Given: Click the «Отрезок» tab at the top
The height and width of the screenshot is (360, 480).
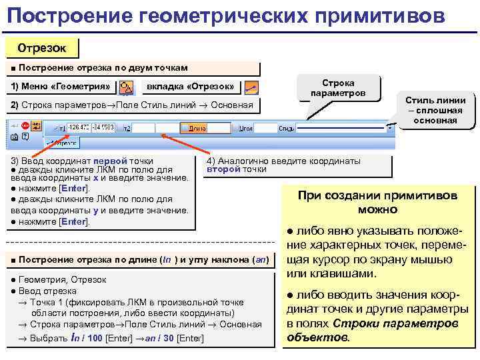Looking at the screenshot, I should (x=41, y=48).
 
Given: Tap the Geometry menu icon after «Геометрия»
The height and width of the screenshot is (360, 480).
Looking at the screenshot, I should (x=127, y=87).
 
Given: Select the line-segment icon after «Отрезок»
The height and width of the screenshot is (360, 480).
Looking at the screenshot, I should (x=251, y=87).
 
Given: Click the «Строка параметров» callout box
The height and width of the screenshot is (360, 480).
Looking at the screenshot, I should (x=338, y=87).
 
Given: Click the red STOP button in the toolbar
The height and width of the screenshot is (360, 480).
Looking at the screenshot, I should (x=25, y=125).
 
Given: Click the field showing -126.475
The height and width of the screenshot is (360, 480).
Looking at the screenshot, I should (x=79, y=127).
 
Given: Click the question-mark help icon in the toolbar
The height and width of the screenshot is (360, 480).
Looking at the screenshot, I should (x=25, y=137).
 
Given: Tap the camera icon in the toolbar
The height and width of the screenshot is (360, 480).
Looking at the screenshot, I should (x=13, y=137).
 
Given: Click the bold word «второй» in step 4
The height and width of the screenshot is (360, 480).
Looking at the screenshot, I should (x=219, y=169).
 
